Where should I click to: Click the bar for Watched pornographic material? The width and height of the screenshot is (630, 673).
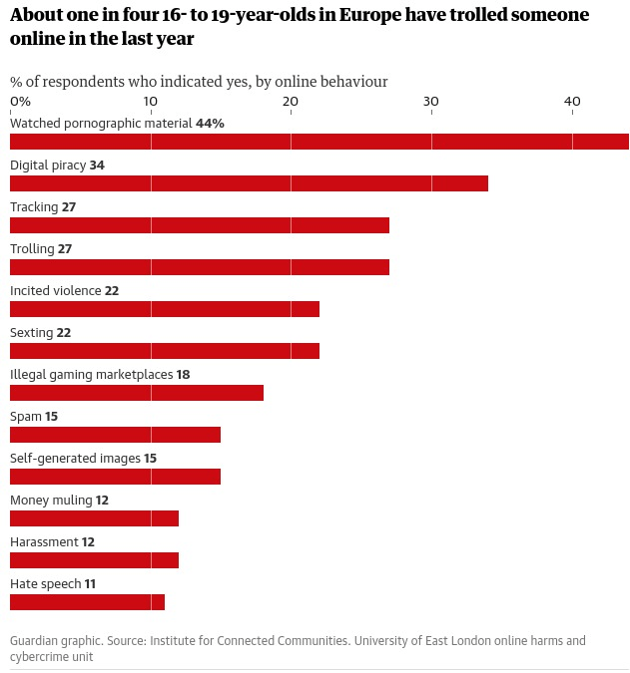coord(319,142)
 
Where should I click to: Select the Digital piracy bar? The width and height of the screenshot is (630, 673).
coord(249,183)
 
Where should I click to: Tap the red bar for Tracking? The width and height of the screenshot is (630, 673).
coord(200,225)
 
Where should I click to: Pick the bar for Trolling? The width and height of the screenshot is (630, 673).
coord(200,267)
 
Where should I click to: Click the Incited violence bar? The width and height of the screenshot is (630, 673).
coord(165,309)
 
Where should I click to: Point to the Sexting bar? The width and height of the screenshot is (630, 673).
coord(165,351)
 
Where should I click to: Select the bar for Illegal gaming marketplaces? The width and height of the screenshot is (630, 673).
coord(137,393)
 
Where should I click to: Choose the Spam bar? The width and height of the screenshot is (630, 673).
coord(115,435)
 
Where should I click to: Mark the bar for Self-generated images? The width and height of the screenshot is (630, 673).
coord(115,477)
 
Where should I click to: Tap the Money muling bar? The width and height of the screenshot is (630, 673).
coord(94,518)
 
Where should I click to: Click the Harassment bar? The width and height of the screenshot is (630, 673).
coord(94,560)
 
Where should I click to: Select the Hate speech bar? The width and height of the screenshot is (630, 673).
coord(87,602)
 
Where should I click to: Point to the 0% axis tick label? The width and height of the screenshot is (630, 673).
coord(20,102)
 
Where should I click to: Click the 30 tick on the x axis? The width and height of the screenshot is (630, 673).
coord(430,102)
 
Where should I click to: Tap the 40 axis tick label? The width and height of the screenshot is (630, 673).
coord(571,102)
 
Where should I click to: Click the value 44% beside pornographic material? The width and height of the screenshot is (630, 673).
coord(210,124)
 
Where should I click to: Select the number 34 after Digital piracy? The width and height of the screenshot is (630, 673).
coord(97,166)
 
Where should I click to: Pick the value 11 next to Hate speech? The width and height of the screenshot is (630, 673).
coord(90,584)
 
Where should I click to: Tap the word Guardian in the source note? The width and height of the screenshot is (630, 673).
coord(36,641)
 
